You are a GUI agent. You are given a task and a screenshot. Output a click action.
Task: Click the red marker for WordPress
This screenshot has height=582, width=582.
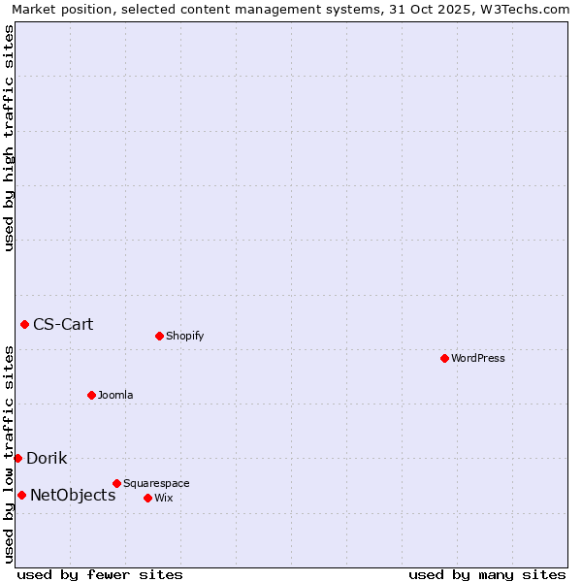click(444, 358)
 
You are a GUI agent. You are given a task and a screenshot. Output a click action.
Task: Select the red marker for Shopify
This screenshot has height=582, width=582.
click(159, 336)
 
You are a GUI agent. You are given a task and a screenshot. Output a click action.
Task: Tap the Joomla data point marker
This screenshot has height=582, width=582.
click(91, 395)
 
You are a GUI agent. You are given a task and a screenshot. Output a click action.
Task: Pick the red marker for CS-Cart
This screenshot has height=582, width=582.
click(24, 324)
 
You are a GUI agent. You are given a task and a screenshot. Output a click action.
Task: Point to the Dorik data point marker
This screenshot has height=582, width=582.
click(17, 458)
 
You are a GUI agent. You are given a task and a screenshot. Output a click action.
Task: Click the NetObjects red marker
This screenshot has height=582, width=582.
click(21, 495)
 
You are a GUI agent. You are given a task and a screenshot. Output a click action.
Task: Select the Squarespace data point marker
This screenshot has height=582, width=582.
click(116, 483)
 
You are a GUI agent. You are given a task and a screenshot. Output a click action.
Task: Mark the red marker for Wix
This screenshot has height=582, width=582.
click(147, 498)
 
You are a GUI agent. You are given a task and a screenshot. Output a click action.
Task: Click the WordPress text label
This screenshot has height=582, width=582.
click(478, 358)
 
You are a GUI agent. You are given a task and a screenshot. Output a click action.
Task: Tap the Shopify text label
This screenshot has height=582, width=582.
click(184, 337)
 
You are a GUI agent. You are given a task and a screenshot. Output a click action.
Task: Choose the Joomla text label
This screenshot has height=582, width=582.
click(115, 395)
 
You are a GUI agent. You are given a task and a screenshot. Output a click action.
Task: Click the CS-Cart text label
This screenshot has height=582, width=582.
click(63, 324)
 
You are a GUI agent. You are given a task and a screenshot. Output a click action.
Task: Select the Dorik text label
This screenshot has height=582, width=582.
click(47, 458)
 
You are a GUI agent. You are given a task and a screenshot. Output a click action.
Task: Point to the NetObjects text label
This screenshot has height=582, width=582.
click(73, 495)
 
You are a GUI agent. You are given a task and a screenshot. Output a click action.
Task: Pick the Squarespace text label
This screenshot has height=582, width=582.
click(156, 483)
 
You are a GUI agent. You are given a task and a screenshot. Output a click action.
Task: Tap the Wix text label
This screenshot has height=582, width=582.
click(163, 498)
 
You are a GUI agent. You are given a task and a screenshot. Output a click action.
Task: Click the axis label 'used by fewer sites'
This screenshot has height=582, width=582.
click(100, 574)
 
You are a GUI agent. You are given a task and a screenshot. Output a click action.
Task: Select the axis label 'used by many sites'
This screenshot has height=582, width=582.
click(487, 574)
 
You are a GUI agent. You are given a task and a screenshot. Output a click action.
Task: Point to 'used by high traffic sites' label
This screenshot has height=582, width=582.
click(9, 138)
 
